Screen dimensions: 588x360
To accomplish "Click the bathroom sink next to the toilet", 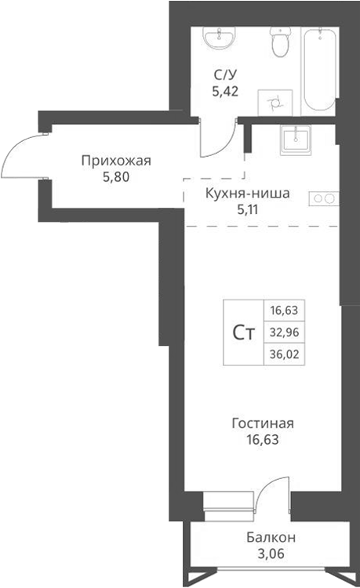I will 219,38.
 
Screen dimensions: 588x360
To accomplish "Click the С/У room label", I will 225,75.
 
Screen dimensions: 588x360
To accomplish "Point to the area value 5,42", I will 225,90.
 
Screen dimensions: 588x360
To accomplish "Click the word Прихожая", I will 115,162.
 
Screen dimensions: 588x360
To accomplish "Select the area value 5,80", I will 115,176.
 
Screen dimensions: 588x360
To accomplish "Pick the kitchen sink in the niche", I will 296,139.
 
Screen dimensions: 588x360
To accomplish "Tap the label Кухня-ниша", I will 247,193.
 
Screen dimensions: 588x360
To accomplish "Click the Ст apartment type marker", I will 243,332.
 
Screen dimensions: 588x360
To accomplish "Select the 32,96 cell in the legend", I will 285,332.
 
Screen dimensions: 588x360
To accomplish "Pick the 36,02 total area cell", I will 285,354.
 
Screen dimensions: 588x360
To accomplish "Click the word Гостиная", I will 261,424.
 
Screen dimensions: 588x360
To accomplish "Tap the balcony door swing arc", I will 267,495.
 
